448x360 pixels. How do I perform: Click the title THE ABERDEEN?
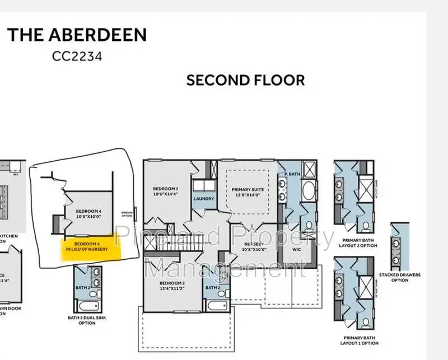tap(77, 35)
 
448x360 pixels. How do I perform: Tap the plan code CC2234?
tap(77, 57)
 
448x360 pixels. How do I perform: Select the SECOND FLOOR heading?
tap(245, 80)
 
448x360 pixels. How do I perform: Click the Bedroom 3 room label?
tap(165, 191)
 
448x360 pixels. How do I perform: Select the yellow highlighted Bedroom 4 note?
tap(91, 247)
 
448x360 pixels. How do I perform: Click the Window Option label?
tap(127, 213)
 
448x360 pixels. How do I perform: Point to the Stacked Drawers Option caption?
tap(400, 277)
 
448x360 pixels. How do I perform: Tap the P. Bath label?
tap(291, 174)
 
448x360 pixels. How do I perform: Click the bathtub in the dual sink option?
tap(88, 306)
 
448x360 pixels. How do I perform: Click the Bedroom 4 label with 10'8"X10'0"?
tap(89, 214)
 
